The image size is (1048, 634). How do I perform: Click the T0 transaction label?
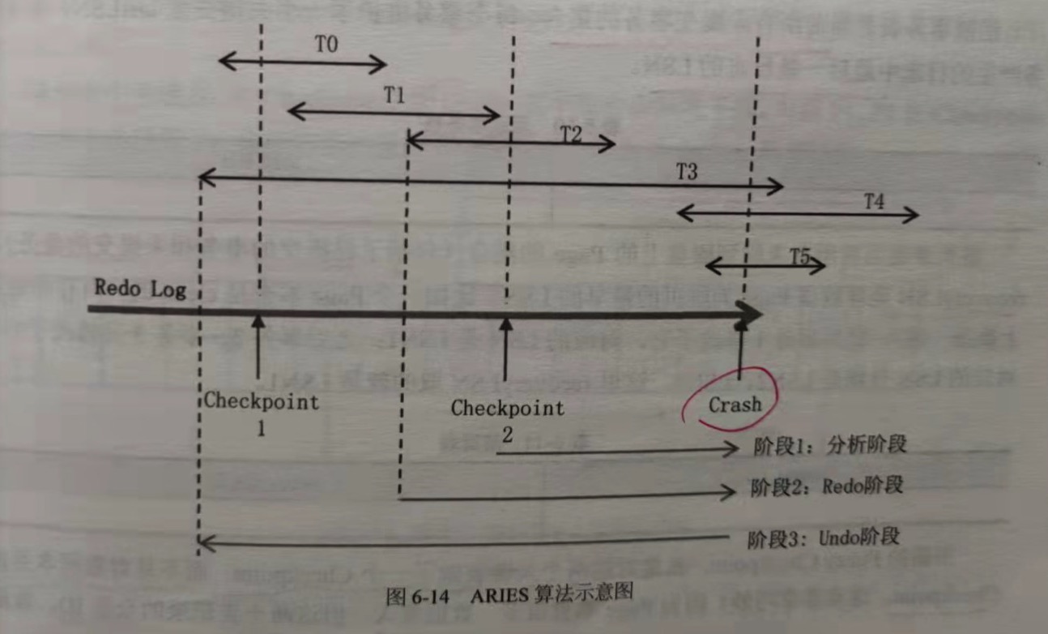(x=326, y=45)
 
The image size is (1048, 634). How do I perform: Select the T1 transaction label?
(x=394, y=94)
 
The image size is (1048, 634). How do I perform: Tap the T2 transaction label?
(x=571, y=135)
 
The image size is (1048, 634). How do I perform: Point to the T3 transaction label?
(x=687, y=171)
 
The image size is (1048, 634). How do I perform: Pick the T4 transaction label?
(x=873, y=202)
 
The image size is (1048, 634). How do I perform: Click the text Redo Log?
(x=139, y=289)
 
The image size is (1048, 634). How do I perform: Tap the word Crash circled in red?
(x=735, y=405)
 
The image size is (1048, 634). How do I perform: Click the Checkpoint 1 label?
(x=261, y=412)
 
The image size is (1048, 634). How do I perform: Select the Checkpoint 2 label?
(x=508, y=418)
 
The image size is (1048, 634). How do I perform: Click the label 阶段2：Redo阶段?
(x=824, y=486)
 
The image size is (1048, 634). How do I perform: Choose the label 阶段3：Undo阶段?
(x=824, y=538)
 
